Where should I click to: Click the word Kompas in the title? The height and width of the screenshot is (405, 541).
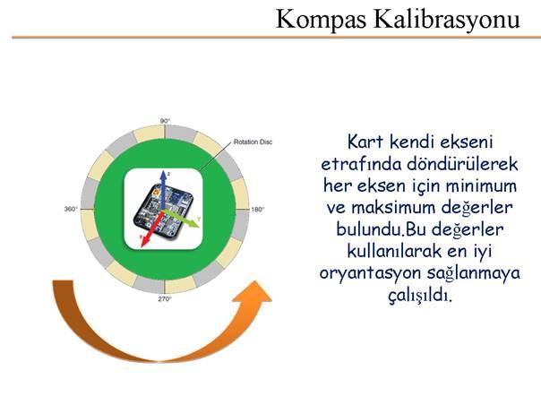tap(321, 20)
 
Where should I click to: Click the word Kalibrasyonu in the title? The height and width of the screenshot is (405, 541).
tap(447, 19)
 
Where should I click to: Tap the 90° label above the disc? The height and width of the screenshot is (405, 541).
tap(166, 121)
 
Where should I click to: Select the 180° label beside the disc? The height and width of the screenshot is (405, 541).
tap(258, 210)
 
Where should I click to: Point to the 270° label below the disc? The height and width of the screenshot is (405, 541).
tap(165, 298)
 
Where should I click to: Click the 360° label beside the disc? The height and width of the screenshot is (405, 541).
tap(71, 209)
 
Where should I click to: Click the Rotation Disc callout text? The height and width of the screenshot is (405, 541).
tap(253, 142)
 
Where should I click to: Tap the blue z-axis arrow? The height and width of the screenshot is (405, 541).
tap(164, 190)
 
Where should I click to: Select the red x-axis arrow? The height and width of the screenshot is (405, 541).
tap(151, 229)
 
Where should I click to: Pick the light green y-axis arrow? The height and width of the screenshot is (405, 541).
tap(182, 219)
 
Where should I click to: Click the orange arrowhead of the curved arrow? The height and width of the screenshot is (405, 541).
tap(253, 292)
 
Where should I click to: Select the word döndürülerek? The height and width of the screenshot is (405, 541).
tap(463, 164)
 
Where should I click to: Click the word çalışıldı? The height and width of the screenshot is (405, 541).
tap(420, 296)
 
